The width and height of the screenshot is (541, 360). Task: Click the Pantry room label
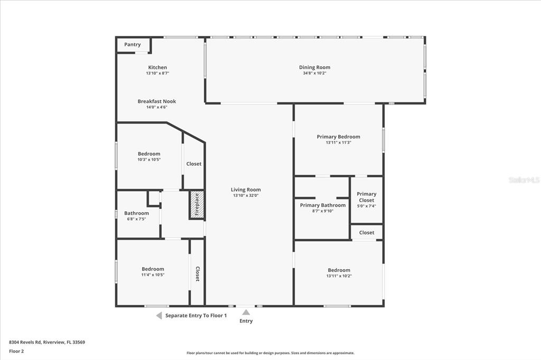click(133, 45)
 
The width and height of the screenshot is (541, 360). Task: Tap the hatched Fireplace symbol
click(197, 204)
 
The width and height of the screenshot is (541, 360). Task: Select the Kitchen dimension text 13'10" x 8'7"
click(157, 73)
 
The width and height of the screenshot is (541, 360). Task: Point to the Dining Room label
click(314, 68)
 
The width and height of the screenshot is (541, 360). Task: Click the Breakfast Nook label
click(157, 101)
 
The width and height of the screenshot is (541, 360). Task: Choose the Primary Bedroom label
click(338, 137)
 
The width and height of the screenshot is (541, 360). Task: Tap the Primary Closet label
click(366, 197)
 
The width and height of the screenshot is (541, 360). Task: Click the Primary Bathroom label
click(323, 205)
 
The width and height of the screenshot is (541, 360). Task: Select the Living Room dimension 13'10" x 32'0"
click(246, 195)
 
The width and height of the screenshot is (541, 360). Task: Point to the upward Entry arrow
click(246, 312)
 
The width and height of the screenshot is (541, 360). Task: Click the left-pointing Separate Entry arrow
click(158, 316)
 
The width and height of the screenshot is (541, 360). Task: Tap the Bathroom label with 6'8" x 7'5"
click(136, 213)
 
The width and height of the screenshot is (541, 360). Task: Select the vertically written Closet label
click(198, 273)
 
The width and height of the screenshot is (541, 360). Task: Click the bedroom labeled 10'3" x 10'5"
click(149, 154)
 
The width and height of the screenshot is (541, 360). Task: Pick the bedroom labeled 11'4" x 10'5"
click(153, 269)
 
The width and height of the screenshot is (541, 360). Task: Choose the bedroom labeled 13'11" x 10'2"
click(339, 270)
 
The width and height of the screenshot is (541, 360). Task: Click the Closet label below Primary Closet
click(367, 233)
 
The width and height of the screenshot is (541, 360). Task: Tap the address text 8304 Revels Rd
click(46, 342)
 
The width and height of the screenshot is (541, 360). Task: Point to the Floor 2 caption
click(16, 351)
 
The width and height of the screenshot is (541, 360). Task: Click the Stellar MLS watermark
click(524, 180)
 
